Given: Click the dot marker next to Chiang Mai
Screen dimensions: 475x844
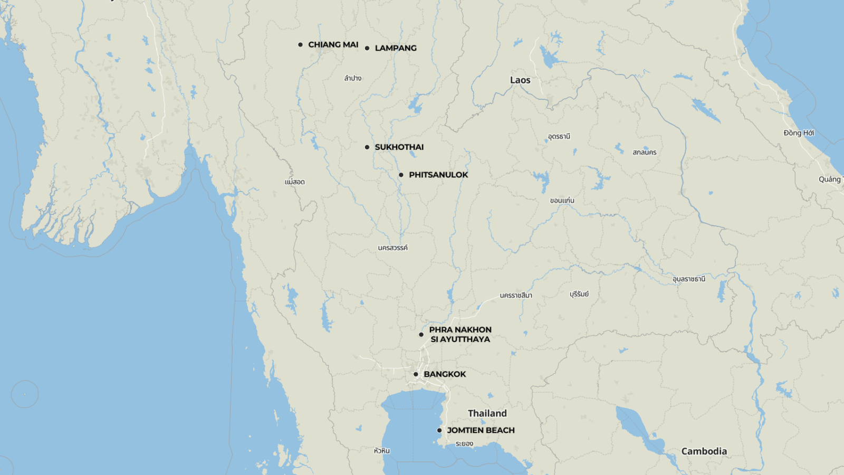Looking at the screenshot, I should [300, 45].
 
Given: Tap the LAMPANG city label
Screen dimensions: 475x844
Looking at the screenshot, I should [396, 48].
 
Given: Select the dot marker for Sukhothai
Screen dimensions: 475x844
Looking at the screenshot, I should [367, 147].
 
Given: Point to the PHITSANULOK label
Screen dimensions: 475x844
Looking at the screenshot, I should [438, 175].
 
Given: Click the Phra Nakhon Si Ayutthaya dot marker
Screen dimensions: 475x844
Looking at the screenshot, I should [421, 335].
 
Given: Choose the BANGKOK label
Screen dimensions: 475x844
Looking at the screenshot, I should [445, 374].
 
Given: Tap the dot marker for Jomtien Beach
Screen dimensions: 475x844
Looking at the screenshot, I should [439, 430].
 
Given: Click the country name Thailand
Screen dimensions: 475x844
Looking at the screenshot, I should [487, 413].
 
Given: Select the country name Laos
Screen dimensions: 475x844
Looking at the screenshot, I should [520, 80].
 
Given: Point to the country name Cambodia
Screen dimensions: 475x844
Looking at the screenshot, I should [704, 451].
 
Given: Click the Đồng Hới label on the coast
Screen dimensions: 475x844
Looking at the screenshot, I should [799, 133].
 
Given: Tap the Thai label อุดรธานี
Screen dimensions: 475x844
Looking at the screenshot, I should [559, 137].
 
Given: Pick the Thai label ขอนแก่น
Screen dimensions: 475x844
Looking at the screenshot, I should [562, 201].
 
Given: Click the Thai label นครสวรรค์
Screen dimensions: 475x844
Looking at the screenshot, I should [392, 248].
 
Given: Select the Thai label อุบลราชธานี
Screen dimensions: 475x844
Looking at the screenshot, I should [688, 279].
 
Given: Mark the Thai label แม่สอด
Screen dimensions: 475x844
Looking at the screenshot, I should [295, 182].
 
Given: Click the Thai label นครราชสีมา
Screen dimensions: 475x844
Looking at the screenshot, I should [516, 296].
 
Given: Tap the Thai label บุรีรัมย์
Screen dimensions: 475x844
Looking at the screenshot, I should [579, 294].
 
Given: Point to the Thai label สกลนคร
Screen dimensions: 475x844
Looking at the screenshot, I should [645, 153].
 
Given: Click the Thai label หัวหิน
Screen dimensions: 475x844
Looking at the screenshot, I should [381, 451].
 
